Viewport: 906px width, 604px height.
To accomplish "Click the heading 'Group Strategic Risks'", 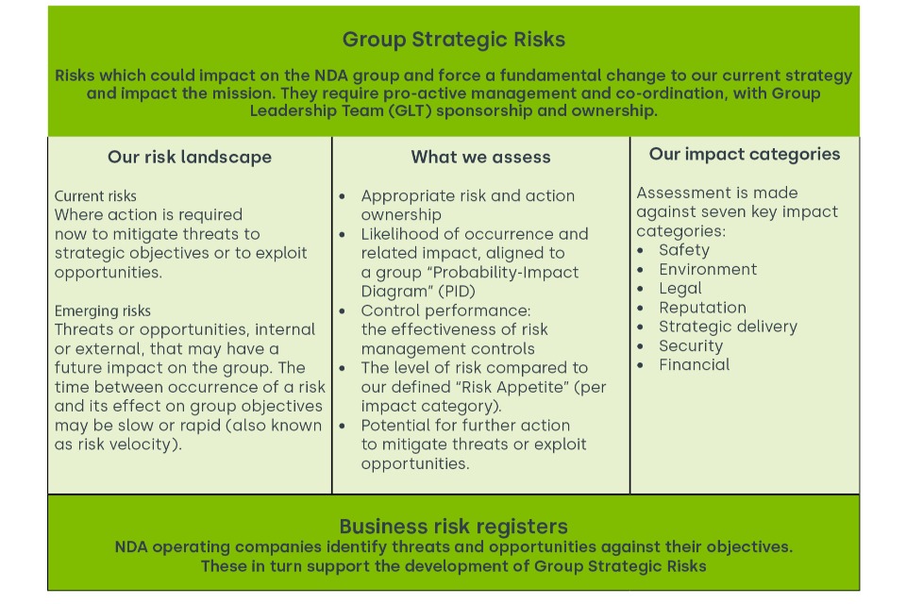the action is (454, 40).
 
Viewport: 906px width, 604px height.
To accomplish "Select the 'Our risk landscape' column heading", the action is (190, 158).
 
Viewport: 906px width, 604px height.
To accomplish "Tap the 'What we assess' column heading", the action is (480, 158).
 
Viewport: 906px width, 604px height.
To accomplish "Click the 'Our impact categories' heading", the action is (745, 155).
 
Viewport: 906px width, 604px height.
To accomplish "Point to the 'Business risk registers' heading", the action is (454, 527).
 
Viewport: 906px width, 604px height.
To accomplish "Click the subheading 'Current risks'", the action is (95, 196).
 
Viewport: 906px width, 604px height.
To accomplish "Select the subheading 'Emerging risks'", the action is (102, 310).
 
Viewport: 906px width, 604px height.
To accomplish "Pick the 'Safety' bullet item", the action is (684, 250).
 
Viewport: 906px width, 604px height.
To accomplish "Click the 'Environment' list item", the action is (708, 269).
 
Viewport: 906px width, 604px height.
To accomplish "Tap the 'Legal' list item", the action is (680, 289).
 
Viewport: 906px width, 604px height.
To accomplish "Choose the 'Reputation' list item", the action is (702, 308).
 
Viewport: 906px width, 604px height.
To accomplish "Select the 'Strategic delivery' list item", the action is (728, 327).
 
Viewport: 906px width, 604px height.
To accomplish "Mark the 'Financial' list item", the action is (694, 364).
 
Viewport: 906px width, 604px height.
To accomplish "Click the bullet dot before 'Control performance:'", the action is (342, 311).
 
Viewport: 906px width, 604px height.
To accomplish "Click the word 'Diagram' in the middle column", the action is (396, 292).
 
